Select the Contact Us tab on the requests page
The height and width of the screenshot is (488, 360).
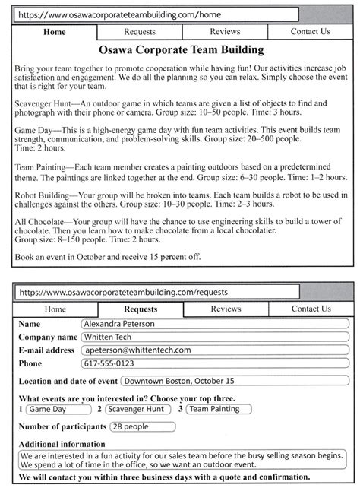click(311, 309)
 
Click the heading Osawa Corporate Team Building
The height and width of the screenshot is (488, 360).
click(180, 50)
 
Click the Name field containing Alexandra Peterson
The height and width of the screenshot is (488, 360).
click(213, 324)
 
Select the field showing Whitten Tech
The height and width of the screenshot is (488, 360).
click(213, 337)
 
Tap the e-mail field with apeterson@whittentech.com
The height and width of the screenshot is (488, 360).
click(213, 350)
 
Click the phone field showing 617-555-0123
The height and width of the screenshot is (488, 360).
click(213, 363)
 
